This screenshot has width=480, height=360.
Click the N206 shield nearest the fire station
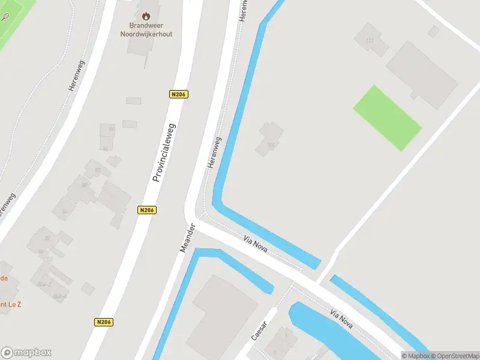pos(178,94)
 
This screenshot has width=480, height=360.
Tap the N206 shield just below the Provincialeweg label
pos(146,209)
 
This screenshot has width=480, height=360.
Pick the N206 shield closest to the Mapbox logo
pos(103,322)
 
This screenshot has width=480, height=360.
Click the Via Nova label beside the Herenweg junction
pos(256,244)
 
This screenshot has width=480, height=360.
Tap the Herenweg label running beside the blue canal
pos(214,152)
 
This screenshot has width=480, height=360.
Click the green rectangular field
pos(387,118)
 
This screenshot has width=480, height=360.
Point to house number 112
pos(368,41)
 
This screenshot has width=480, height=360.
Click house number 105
pos(271,145)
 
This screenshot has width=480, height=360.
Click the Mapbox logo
pos(26,352)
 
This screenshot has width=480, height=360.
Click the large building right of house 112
pos(421,74)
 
